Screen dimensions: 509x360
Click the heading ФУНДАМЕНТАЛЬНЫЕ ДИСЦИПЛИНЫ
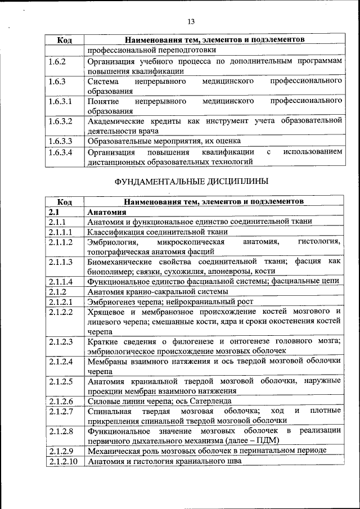[191, 181]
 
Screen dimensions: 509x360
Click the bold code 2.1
[54, 212]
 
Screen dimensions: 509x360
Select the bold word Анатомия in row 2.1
[107, 212]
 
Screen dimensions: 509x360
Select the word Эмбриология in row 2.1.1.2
[112, 242]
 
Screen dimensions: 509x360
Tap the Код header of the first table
[64, 40]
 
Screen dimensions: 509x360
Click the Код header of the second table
[64, 201]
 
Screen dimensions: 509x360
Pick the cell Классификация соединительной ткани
[157, 232]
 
